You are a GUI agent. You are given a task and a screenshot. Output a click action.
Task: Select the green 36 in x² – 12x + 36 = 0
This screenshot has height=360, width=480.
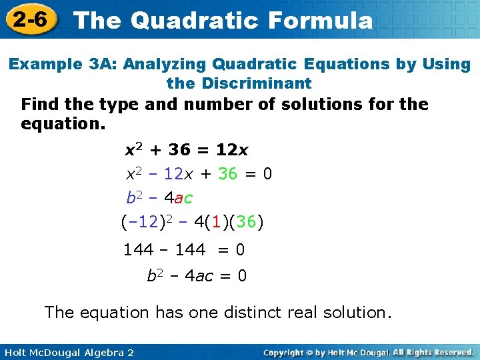pyautogui.click(x=227, y=174)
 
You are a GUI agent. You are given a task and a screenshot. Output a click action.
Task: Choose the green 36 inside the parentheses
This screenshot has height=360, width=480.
pyautogui.click(x=246, y=222)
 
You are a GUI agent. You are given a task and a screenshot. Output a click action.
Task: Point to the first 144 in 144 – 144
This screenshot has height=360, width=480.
pyautogui.click(x=138, y=251)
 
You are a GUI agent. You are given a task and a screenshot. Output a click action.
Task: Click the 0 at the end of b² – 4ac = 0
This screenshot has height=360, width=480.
pyautogui.click(x=241, y=275)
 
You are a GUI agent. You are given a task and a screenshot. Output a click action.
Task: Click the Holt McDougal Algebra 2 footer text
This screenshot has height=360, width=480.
pyautogui.click(x=67, y=352)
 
